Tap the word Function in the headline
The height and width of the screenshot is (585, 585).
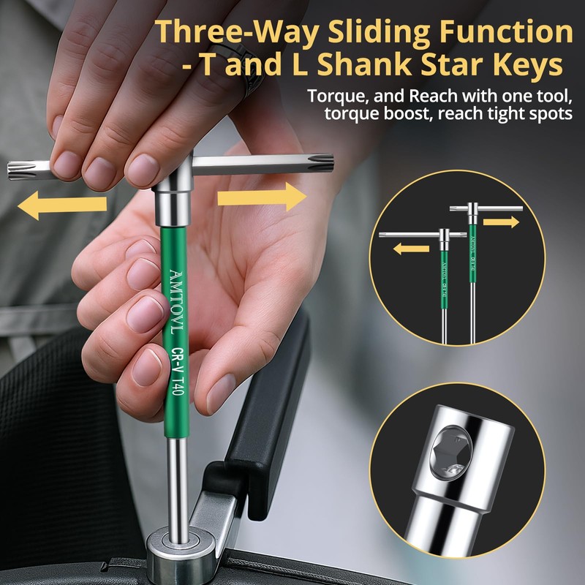pos(506,32)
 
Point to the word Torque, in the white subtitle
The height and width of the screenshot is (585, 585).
pos(338,97)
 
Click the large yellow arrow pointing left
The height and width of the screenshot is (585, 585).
pos(62,205)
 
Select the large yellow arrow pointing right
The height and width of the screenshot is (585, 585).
pos(262,197)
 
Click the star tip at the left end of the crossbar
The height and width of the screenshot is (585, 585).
pos(23,171)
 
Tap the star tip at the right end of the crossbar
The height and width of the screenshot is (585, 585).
pos(320,162)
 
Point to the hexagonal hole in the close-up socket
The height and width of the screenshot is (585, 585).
pos(450,453)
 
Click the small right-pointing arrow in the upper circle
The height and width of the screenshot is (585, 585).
pos(501,222)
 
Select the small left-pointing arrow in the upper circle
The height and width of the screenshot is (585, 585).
pos(411,249)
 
